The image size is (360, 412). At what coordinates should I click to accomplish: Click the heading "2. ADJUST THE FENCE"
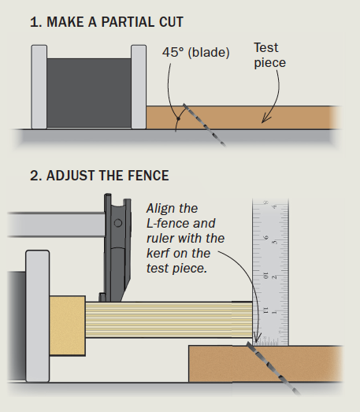pyautogui.click(x=99, y=174)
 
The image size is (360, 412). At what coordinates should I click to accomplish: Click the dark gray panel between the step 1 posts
pyautogui.click(x=89, y=93)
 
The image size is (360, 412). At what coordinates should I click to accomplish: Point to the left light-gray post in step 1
pyautogui.click(x=39, y=87)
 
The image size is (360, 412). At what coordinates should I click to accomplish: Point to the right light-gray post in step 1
pyautogui.click(x=139, y=87)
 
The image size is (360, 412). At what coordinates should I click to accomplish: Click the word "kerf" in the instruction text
pyautogui.click(x=161, y=253)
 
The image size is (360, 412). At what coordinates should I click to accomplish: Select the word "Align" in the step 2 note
pyautogui.click(x=163, y=209)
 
